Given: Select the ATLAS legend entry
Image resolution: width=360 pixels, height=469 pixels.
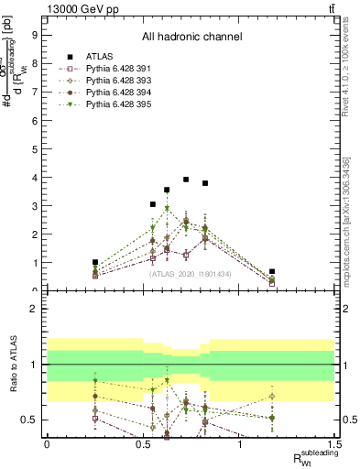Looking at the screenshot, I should (95, 56).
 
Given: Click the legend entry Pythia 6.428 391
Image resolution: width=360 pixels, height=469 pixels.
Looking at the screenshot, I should (108, 68).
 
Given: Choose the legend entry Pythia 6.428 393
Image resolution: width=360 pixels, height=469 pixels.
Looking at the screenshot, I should (108, 80).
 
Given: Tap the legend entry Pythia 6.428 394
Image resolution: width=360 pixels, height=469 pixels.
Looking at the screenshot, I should (108, 92).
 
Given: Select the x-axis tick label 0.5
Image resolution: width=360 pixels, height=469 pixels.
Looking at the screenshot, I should (143, 444).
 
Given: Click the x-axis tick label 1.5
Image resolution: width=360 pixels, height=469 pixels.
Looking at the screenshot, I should (334, 444).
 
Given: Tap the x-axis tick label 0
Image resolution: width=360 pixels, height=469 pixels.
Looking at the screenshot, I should (47, 444).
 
